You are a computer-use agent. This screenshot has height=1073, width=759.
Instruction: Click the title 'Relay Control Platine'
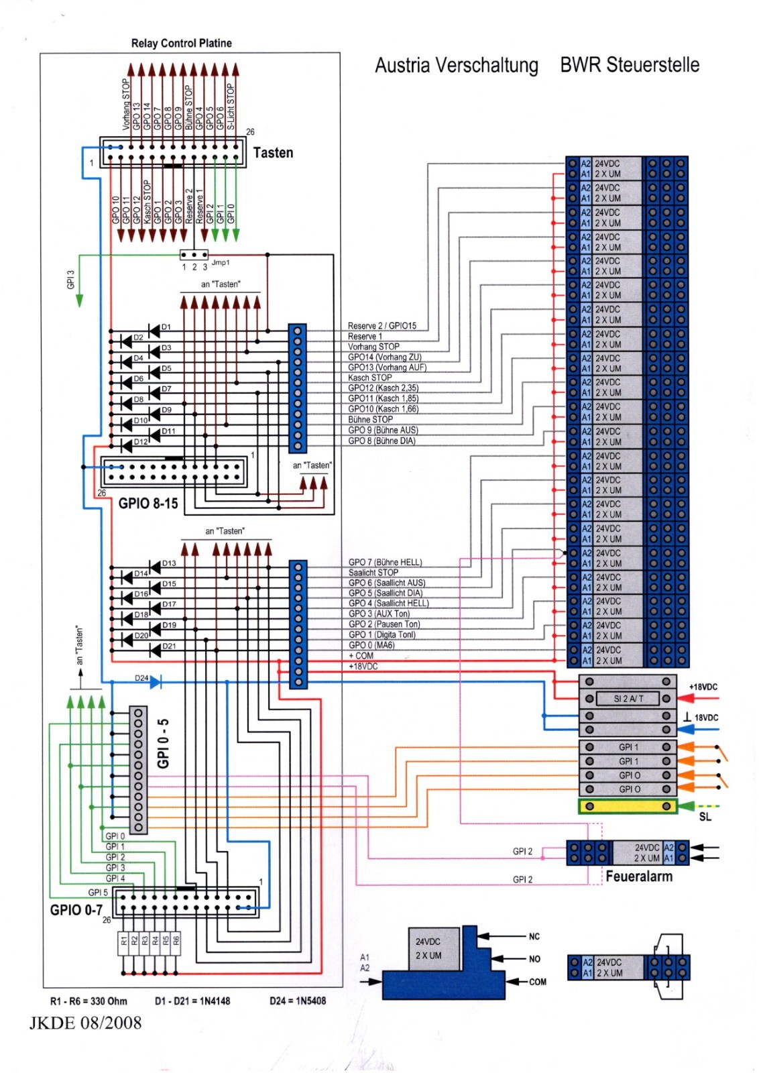(181, 44)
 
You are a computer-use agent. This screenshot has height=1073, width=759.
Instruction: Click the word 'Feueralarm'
(638, 877)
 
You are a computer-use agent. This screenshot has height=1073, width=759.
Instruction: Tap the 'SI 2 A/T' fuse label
(628, 699)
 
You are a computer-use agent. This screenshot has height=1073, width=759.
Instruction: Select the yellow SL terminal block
(628, 806)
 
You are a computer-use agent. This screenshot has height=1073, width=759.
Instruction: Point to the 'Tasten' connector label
(273, 153)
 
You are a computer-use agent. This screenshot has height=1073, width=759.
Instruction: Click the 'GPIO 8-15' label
(148, 504)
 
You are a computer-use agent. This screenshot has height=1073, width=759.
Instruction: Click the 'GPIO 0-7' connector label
(76, 910)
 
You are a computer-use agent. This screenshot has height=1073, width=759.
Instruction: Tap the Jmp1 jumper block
(194, 255)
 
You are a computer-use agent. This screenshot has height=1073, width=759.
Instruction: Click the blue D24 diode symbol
(156, 682)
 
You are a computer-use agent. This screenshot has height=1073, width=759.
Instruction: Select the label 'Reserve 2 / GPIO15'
(382, 326)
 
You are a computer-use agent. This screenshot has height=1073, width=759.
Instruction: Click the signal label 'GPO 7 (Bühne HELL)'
(385, 562)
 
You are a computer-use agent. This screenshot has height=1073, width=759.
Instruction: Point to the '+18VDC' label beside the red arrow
(703, 687)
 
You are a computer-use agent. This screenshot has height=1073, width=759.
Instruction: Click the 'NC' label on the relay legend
(534, 936)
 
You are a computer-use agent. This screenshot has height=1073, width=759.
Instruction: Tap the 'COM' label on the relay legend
(537, 982)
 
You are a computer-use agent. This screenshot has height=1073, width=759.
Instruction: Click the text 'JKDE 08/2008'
(85, 1023)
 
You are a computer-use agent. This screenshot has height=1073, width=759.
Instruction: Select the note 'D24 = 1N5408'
(298, 1001)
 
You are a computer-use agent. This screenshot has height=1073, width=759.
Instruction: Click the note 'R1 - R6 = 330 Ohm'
(89, 1001)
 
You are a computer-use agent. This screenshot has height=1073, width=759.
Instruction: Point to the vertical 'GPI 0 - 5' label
(163, 744)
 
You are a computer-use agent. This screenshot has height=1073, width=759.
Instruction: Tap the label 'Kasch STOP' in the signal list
(369, 378)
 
